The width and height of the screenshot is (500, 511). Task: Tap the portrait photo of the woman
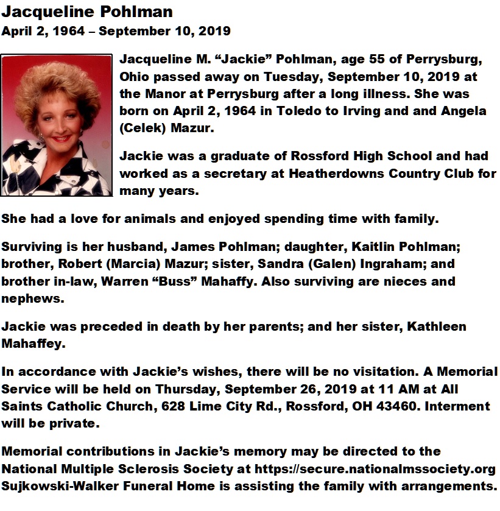57,125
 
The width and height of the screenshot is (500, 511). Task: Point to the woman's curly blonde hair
57,85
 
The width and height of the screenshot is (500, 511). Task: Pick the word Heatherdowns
337,173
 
